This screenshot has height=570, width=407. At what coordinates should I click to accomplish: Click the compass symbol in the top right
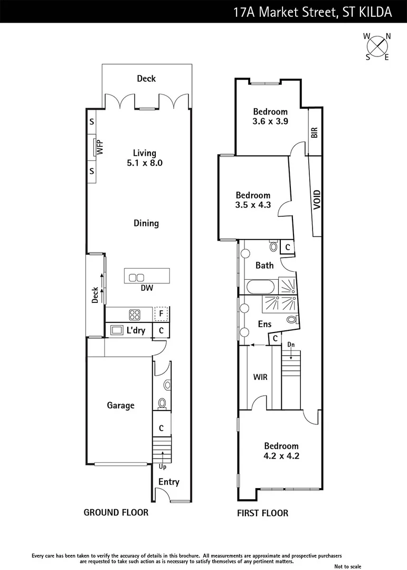click(377, 46)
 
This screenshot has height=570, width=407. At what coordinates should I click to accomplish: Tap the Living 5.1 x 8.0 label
click(145, 158)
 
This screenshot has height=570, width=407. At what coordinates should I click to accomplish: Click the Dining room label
click(146, 223)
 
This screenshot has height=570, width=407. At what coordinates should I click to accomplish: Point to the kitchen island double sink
click(137, 278)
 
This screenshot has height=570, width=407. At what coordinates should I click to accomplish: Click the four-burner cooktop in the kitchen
click(135, 315)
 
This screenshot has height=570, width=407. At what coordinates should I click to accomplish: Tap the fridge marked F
click(162, 314)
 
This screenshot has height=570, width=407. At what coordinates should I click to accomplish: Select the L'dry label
click(136, 331)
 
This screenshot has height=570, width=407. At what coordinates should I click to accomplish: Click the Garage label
click(120, 405)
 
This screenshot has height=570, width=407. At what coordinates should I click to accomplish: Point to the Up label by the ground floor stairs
click(163, 467)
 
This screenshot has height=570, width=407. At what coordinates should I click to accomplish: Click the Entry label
click(169, 482)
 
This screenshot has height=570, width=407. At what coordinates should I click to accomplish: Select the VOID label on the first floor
click(317, 200)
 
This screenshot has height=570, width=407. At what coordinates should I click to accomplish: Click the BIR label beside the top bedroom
click(315, 132)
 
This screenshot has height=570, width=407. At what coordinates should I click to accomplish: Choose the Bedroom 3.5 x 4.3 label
click(253, 200)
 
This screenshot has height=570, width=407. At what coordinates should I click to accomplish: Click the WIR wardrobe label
click(259, 378)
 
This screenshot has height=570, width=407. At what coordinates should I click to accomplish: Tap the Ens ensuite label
click(264, 324)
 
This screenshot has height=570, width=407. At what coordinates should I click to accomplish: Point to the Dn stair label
click(290, 345)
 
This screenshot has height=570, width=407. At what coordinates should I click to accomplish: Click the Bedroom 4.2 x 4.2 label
click(281, 451)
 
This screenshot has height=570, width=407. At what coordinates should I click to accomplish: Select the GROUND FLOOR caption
click(116, 512)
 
